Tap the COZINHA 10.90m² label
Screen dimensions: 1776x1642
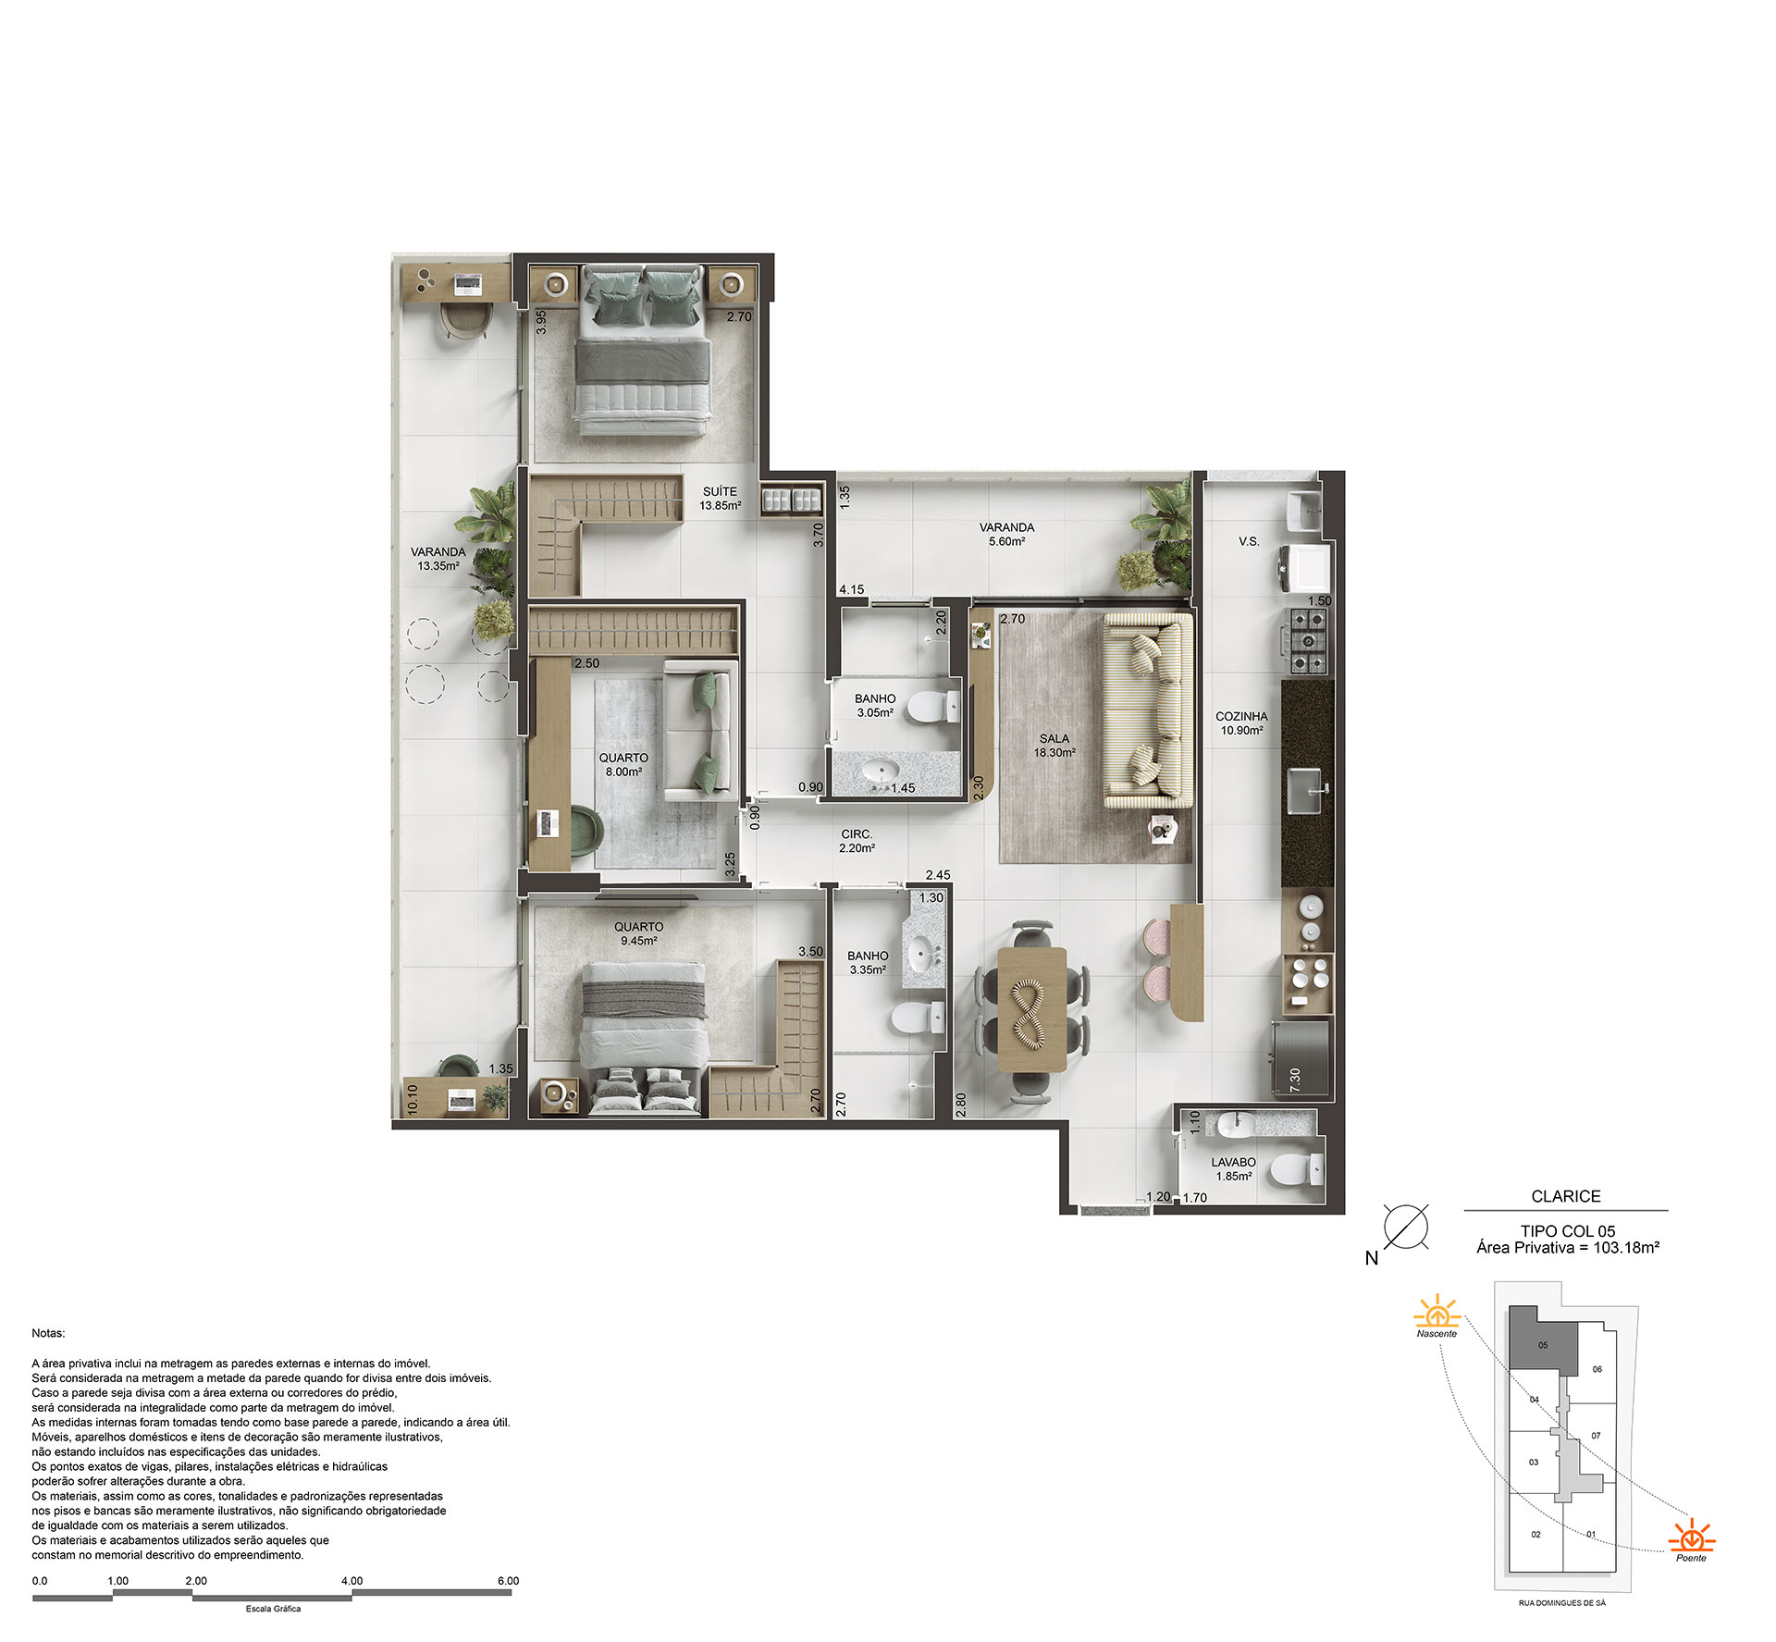click(1241, 723)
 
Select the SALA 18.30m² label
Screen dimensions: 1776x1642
click(1054, 746)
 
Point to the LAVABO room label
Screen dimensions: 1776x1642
click(1233, 1163)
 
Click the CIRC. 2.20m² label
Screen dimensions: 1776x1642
click(857, 841)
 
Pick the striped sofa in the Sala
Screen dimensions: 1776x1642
click(1147, 710)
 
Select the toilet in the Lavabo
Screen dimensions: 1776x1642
click(1297, 1169)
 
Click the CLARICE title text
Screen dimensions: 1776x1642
click(1565, 1196)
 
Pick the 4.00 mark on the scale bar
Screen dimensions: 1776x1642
click(351, 1581)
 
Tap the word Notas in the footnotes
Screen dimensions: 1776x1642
click(48, 1333)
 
